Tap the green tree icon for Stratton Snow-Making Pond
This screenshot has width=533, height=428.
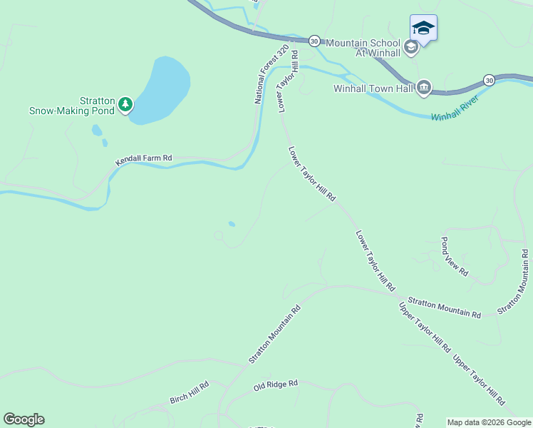pos(125,105)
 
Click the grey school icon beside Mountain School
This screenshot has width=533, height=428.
pos(410,47)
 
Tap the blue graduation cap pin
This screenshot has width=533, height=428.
pos(423,29)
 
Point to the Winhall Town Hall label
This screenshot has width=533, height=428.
pos(373,88)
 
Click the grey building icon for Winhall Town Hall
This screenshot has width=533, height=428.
pos(423,88)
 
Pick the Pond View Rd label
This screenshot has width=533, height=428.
pos(455,256)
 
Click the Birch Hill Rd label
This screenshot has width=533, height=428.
pos(190,392)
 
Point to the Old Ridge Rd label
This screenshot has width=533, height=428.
pos(275,386)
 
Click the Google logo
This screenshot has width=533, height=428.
pos(24,419)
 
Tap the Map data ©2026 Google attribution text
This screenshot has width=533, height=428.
pos(489,422)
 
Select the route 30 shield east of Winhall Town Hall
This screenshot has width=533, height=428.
pos(489,79)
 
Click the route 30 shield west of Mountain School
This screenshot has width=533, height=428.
pos(314,41)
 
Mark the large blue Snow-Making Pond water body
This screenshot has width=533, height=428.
pos(162,89)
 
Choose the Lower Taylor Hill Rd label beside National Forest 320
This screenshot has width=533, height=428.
pos(285,91)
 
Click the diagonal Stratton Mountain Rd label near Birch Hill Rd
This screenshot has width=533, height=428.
pos(275,335)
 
